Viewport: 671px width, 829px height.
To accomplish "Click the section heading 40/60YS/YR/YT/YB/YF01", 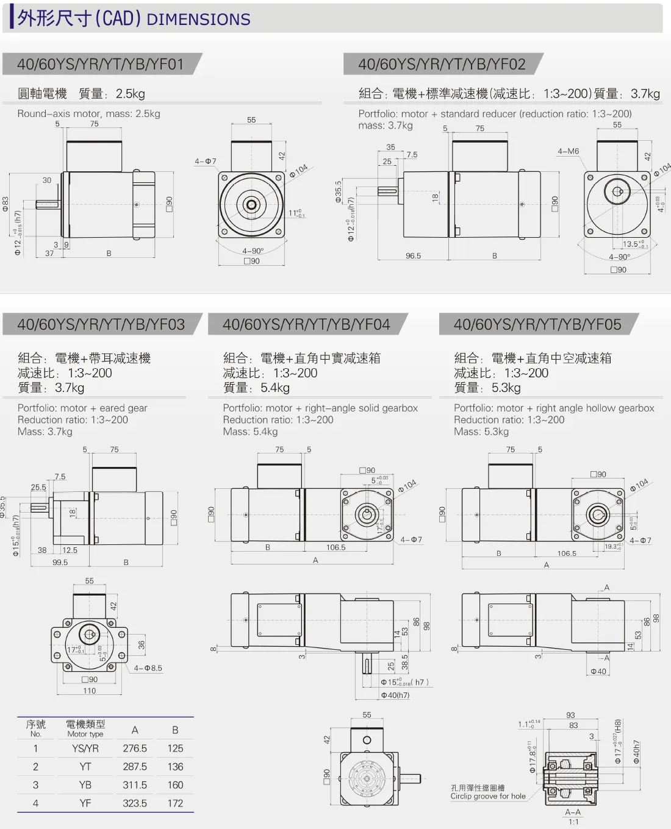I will (101, 64).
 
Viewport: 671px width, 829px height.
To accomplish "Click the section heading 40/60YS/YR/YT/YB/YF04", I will (306, 324).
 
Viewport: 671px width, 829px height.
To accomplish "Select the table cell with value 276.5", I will (135, 749).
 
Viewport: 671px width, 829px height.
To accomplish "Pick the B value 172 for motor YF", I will (175, 803).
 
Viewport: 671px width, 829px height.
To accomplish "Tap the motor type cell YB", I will (85, 785).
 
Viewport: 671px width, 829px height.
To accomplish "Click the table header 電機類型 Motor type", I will (85, 728).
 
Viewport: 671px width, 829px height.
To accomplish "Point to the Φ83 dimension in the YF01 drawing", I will (5, 204).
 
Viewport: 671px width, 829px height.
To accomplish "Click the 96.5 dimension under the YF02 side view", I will (413, 256).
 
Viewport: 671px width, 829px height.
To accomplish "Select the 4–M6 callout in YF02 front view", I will (568, 151).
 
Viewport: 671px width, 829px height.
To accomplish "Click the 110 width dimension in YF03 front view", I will (90, 691).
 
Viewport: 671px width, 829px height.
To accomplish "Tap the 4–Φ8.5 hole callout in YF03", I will (148, 668).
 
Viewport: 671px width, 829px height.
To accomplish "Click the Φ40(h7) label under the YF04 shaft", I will (395, 695).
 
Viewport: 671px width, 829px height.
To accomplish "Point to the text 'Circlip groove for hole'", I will (488, 796).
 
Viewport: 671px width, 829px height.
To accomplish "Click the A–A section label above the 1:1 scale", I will (573, 812).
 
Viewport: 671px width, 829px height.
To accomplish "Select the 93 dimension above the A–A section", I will (570, 715).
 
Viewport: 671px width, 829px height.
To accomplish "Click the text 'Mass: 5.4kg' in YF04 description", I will (250, 432).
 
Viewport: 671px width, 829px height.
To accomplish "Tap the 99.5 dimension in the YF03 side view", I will (60, 563).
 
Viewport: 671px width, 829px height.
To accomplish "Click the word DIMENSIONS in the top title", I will (199, 20).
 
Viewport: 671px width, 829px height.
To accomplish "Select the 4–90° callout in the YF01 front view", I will (253, 251).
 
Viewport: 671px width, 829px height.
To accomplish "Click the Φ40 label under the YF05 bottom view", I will (598, 672).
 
